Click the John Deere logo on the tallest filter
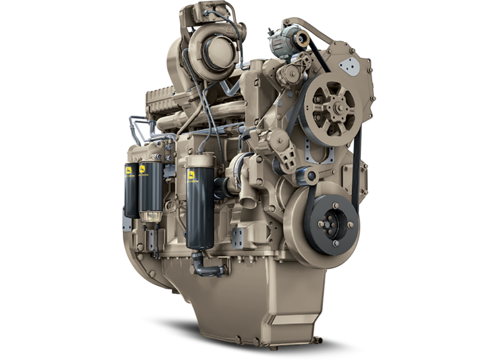tap(192, 176)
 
